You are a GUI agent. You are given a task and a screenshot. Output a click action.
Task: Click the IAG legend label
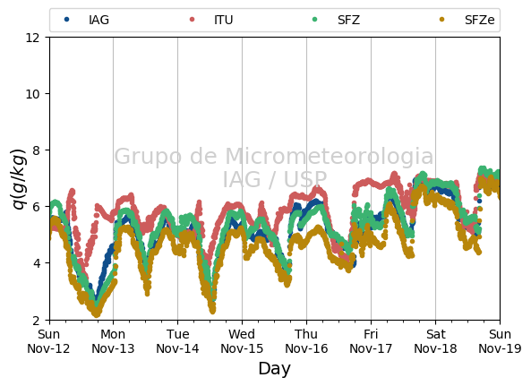pos(98,20)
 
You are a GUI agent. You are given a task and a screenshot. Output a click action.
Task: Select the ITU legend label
pos(224,20)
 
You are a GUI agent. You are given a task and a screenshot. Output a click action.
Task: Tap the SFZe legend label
pos(480,20)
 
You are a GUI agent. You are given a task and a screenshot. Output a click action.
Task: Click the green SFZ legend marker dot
pos(315,20)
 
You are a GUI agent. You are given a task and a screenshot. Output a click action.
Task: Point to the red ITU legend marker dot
pos(192,20)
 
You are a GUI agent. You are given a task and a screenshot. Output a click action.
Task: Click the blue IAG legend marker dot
pos(67,20)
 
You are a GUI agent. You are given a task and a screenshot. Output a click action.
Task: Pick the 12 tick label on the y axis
pos(32,38)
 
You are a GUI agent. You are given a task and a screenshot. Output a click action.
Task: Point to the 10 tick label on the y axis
pos(32,94)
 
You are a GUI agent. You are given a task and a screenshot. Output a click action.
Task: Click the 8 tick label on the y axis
pos(36,150)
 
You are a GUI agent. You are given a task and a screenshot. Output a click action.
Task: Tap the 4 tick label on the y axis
pos(36,263)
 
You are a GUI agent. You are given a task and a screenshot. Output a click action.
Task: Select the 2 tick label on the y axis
pos(36,320)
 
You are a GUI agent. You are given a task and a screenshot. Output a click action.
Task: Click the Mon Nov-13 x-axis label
pos(113,341)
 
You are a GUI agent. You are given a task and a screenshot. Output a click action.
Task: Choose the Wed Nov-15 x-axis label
pos(242,341)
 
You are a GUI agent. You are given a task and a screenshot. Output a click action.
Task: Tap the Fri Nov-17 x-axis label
pos(371,341)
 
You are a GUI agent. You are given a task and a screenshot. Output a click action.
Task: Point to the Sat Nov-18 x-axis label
pos(435,341)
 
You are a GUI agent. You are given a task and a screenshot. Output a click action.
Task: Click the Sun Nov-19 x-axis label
pos(500,341)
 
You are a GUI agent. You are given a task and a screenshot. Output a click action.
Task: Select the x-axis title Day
pos(275,369)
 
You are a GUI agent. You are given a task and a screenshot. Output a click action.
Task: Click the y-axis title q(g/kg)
pos(19,179)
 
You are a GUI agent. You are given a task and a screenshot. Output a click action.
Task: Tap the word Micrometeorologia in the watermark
pos(330,156)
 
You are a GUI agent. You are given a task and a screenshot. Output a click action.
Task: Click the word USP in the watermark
pos(305,179)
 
